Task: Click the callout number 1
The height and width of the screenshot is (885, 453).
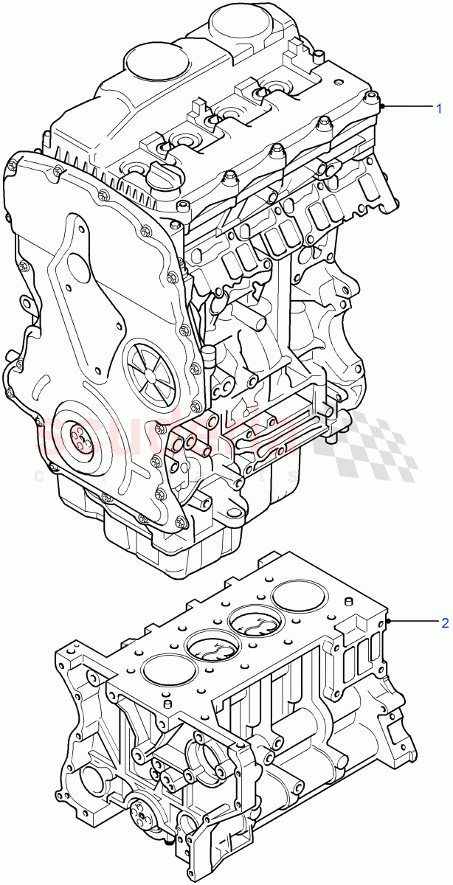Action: pyautogui.click(x=439, y=108)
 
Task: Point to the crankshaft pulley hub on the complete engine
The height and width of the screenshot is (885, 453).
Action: pyautogui.click(x=79, y=437)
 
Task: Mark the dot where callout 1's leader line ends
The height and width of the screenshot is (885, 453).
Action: pyautogui.click(x=383, y=108)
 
